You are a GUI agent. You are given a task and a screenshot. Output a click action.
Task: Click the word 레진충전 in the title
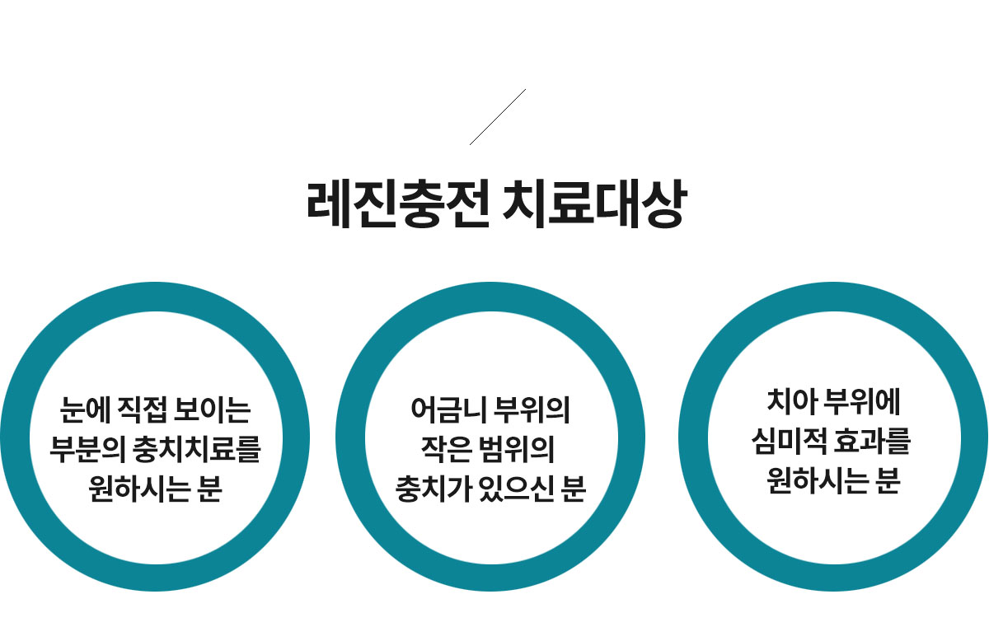click(x=398, y=204)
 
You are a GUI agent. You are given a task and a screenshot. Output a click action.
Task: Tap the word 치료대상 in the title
click(x=595, y=204)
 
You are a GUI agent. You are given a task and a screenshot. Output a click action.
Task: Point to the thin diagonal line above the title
click(x=498, y=117)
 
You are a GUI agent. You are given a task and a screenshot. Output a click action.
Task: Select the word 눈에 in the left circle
click(x=85, y=410)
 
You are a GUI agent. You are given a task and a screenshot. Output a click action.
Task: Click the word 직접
click(x=143, y=410)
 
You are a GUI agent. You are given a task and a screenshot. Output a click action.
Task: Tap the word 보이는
click(x=213, y=410)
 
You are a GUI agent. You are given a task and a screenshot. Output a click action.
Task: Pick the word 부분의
click(x=87, y=449)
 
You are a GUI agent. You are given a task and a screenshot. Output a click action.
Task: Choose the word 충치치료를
click(x=196, y=449)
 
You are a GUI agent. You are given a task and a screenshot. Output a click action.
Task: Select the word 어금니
click(x=448, y=410)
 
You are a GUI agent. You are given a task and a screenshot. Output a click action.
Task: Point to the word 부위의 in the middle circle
click(x=532, y=410)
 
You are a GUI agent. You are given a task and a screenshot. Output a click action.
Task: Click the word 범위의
click(x=517, y=449)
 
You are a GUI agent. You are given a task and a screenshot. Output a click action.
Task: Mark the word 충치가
click(x=434, y=489)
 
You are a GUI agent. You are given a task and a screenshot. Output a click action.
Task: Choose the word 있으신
click(x=516, y=489)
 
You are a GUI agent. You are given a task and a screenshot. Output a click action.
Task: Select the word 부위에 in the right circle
click(x=862, y=401)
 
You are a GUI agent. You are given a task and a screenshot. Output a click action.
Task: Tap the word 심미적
click(x=790, y=441)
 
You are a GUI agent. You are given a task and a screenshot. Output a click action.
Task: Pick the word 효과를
click(x=873, y=441)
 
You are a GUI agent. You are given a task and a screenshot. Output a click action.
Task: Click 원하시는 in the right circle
click(x=818, y=480)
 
